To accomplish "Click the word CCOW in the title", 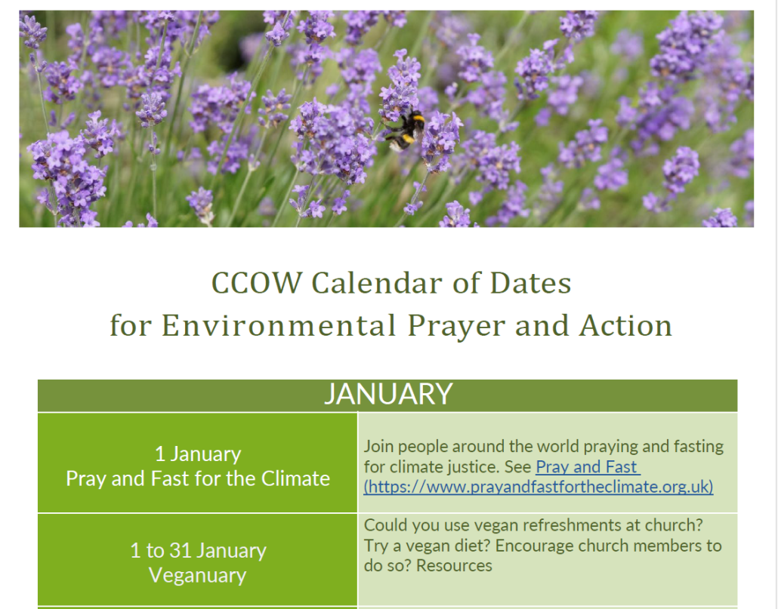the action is [257, 283].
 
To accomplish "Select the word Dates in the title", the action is [530, 283].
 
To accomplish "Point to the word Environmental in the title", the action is [279, 325].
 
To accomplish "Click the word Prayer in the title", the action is [456, 327].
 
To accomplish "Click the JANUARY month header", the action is [388, 394].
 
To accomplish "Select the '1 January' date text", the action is [198, 454].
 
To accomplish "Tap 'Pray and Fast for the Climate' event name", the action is [198, 478].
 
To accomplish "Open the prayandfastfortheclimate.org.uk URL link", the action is [539, 487].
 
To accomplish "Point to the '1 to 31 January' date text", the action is [198, 551].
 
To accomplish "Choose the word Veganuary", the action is [197, 575].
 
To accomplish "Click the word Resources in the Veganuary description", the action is [454, 565].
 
